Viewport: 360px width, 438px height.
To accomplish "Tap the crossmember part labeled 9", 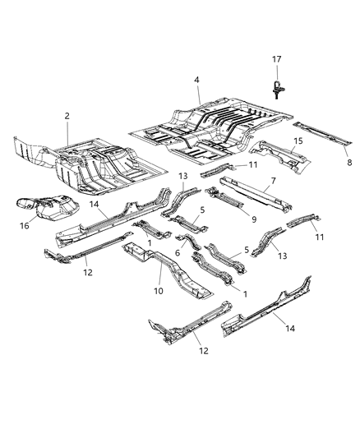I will [x=230, y=201].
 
